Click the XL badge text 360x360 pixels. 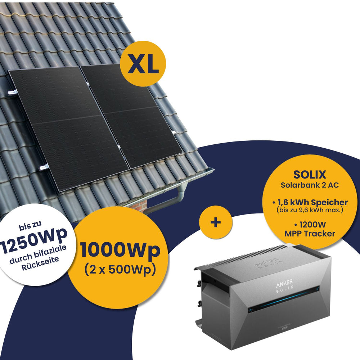pos(143,64)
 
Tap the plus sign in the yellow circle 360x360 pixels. pos(216,222)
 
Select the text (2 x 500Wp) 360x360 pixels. pos(120,269)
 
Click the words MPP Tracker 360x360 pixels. pos(309,234)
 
